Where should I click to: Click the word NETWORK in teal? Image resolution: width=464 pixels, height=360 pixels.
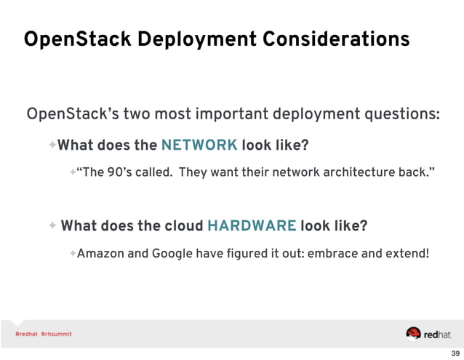click(199, 145)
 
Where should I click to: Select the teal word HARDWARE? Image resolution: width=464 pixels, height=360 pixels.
click(252, 225)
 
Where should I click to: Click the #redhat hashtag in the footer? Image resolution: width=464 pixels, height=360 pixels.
click(25, 334)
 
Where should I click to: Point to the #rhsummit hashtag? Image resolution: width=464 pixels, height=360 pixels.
click(56, 334)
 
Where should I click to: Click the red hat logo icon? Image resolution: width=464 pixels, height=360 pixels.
click(414, 333)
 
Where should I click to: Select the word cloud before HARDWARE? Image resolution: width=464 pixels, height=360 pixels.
click(180, 225)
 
